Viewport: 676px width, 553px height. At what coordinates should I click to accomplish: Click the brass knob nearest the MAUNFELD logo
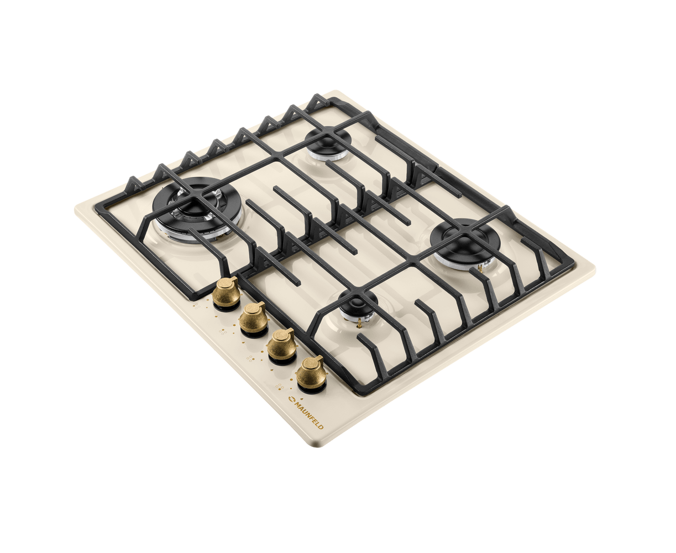point(310,373)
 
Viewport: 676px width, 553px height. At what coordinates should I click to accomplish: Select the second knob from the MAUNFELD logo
point(281,346)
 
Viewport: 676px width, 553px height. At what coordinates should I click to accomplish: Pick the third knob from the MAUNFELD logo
point(253,319)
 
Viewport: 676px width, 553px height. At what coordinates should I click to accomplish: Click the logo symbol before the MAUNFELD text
point(291,399)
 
